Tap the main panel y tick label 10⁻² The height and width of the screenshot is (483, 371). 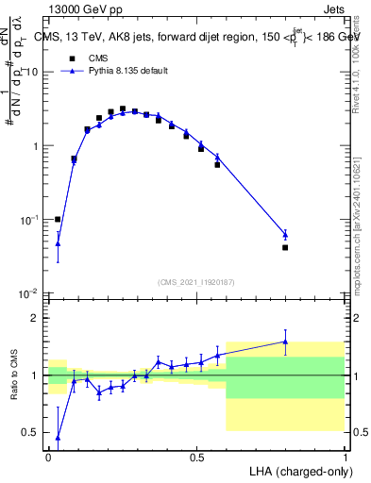[x=28, y=293]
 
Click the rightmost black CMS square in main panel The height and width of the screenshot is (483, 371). [x=285, y=247]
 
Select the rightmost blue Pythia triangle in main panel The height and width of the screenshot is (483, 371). [x=285, y=234]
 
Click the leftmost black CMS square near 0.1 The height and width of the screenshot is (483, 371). [x=58, y=219]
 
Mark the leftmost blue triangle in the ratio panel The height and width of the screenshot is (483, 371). [x=58, y=438]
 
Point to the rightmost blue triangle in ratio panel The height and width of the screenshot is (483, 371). [x=285, y=341]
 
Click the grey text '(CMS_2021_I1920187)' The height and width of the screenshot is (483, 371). [x=195, y=280]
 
